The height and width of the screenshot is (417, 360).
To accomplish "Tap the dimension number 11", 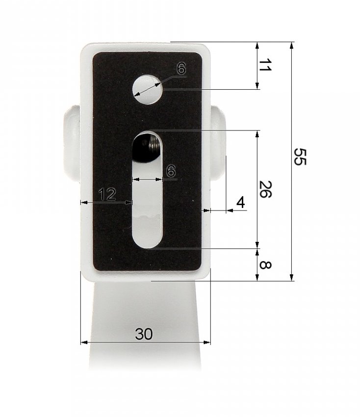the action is point(265,65).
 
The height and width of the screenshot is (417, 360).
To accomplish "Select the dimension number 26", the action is point(265,189).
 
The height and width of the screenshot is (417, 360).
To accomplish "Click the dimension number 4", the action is point(241,203).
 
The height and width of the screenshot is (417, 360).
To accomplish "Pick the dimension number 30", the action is point(144,334).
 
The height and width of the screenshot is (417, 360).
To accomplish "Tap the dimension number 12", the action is point(107,194).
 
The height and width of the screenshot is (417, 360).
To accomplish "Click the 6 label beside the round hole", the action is point(181,69).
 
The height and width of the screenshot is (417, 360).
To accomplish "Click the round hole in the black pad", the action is point(148,89).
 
